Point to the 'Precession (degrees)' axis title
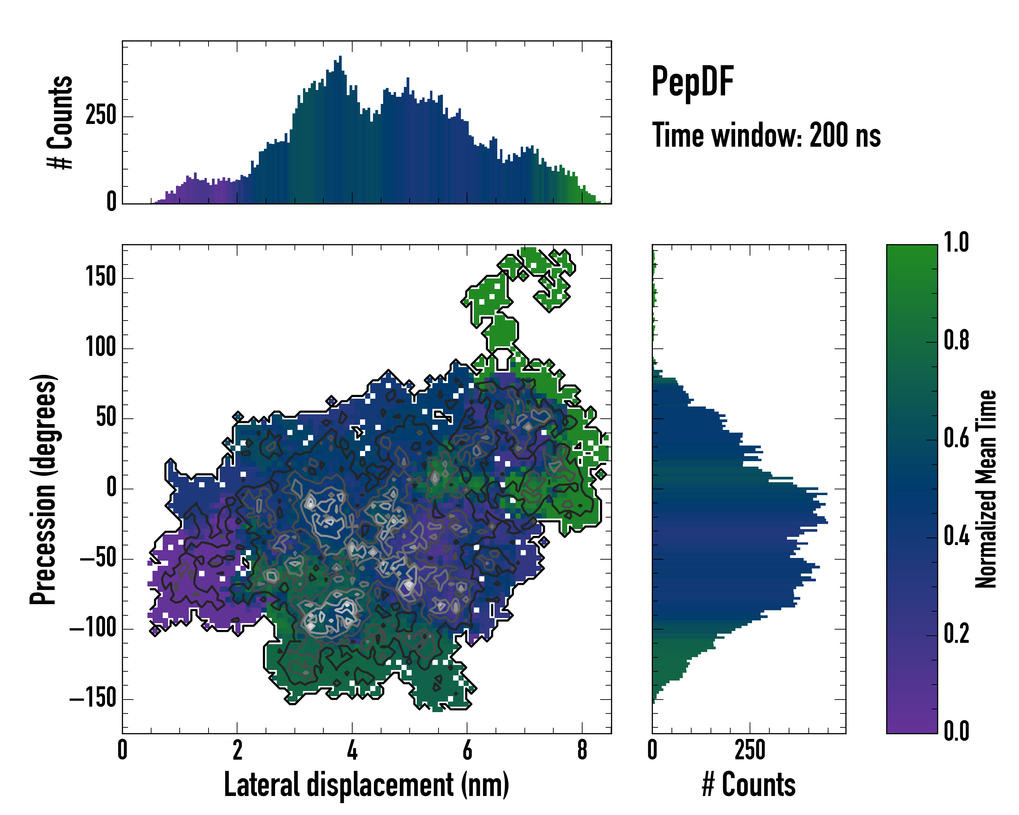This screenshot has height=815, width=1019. tap(43, 489)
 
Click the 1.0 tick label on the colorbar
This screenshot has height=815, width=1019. tap(956, 243)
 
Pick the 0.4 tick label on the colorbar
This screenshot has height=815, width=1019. tap(956, 537)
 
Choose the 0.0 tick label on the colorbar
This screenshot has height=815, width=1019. tap(956, 731)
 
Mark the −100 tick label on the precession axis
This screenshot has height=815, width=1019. tap(93, 629)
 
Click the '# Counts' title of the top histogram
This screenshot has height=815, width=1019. tap(60, 122)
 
